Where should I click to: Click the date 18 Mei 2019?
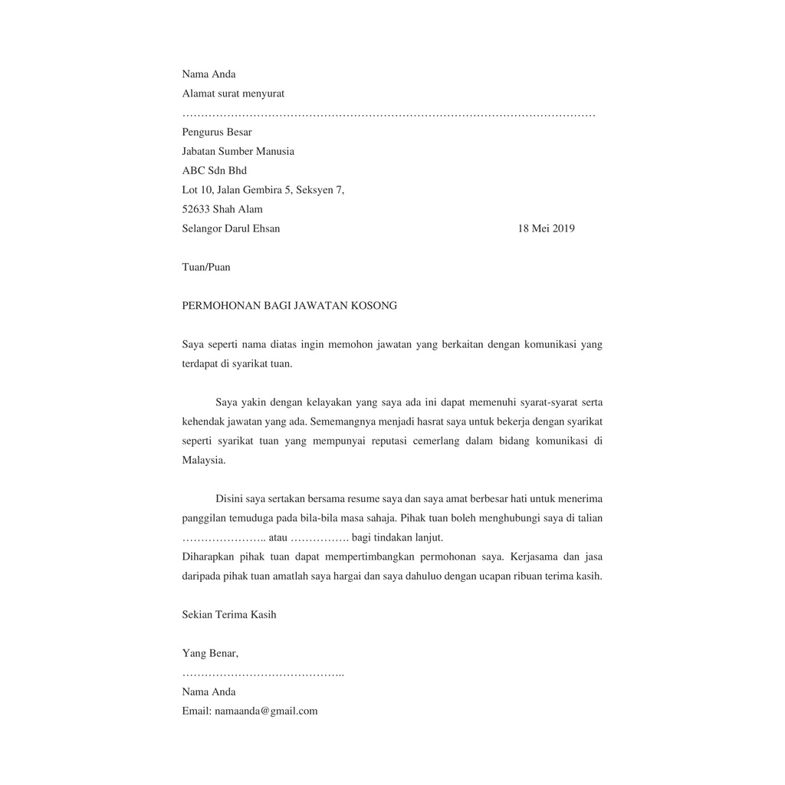pos(546,228)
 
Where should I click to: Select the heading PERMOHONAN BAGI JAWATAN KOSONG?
pos(289,306)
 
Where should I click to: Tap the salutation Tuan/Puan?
pos(205,268)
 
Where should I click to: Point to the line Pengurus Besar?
pos(217,133)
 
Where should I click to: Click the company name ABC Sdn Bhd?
pos(214,171)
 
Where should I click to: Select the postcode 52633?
pos(196,209)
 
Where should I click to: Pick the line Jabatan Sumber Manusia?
pos(238,152)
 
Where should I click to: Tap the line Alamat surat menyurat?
pos(233,94)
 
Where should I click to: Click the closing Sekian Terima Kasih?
pos(228,615)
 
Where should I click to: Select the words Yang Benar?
pos(209,654)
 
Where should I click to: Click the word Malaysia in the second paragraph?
pos(203,461)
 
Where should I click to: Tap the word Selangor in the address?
pos(202,228)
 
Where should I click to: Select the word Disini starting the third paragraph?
pos(230,499)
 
